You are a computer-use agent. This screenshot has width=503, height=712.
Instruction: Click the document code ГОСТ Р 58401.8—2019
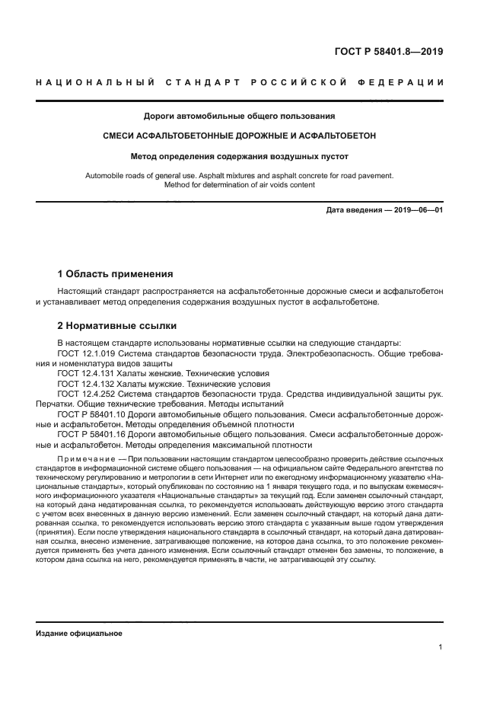tap(388, 52)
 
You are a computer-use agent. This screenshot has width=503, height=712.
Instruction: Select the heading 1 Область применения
tap(116, 273)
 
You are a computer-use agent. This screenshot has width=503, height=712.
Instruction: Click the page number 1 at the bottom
tap(441, 648)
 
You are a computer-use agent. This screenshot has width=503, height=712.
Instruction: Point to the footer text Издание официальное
tap(79, 633)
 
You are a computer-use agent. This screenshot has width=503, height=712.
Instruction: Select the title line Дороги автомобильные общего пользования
tap(240, 117)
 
